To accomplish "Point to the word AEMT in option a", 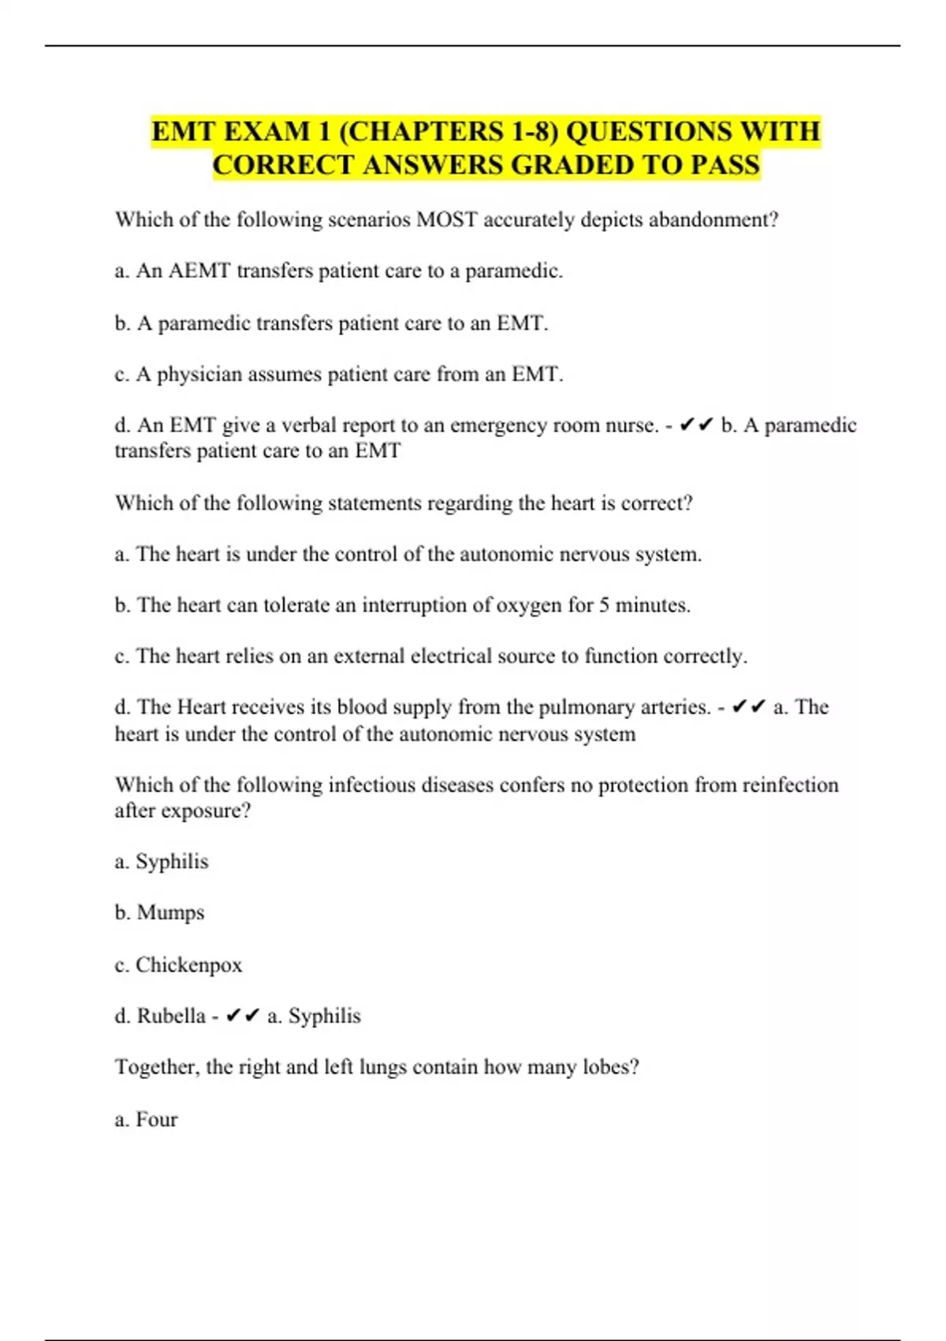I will point(199,271).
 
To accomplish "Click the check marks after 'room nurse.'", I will point(696,425).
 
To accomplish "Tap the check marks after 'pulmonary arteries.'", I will point(748,707).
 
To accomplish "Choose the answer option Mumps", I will point(170,913).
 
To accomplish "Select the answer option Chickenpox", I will point(188,965).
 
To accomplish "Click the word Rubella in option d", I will point(171,1016).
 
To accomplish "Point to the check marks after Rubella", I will point(242,1016).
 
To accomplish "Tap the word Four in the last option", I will point(156,1119).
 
